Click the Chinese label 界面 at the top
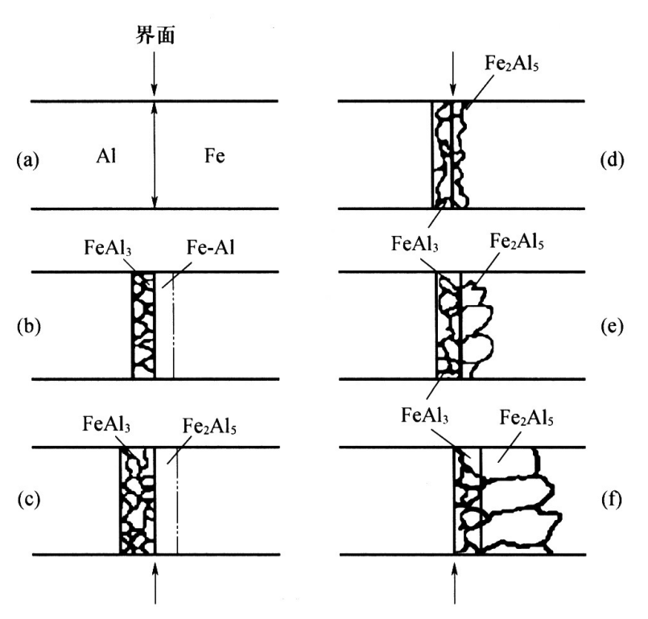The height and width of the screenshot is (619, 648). (155, 36)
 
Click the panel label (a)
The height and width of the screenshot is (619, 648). (27, 160)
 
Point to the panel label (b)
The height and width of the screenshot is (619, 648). (27, 328)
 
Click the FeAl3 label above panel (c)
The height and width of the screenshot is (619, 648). (107, 424)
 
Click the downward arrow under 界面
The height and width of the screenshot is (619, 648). (155, 76)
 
